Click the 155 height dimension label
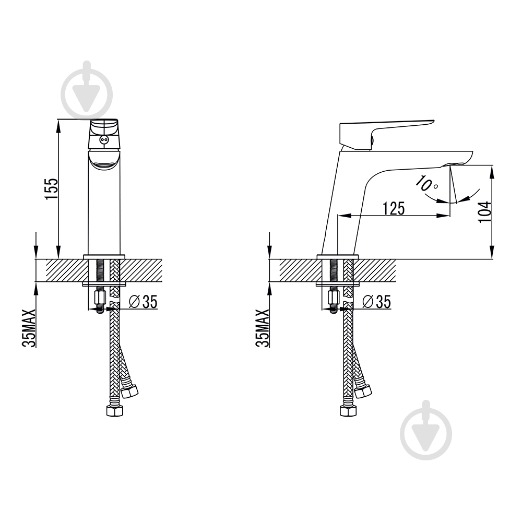coord(52,189)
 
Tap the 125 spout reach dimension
coord(394,208)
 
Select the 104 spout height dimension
coord(485,212)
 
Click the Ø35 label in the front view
coord(143,302)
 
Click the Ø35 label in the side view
coord(377,302)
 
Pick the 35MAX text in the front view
coord(29,328)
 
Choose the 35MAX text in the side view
coord(263,328)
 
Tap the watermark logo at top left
coord(87,91)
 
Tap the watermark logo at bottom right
coord(426,430)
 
